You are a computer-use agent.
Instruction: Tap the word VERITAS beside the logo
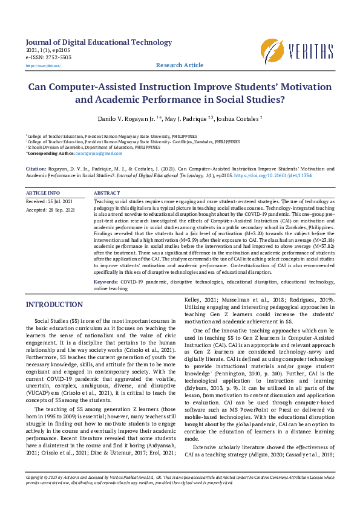tap(311, 51)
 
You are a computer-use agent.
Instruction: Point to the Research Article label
tap(180, 65)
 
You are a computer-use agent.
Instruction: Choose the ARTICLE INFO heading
tap(43, 193)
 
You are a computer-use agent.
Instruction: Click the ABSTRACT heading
tap(108, 193)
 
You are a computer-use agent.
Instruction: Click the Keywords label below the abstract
tap(106, 282)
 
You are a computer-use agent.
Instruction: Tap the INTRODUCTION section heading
tap(54, 305)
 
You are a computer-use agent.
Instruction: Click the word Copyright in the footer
tap(37, 494)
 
